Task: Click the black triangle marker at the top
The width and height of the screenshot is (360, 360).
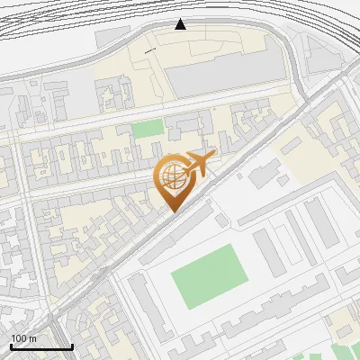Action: click(x=181, y=24)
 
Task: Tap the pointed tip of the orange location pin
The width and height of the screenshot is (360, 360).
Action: click(x=173, y=212)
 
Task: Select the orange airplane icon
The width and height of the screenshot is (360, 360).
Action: click(x=200, y=164)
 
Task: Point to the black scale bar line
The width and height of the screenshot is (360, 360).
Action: click(x=41, y=346)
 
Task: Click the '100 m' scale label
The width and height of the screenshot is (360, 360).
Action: click(x=24, y=338)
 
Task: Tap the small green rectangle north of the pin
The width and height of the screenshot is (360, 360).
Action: click(x=148, y=129)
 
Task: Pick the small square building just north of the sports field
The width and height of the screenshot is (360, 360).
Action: click(x=221, y=220)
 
